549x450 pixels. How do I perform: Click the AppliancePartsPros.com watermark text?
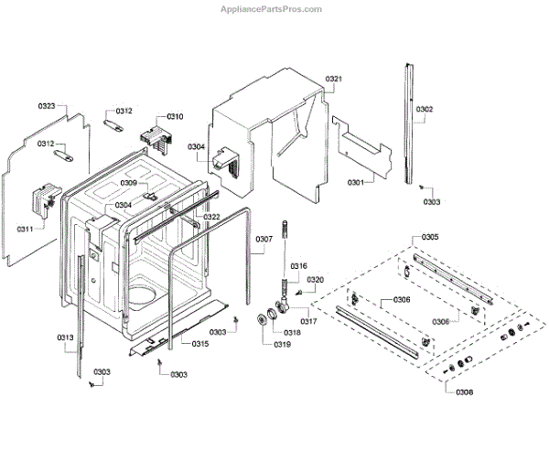[x=272, y=8]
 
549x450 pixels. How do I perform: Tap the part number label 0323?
[x=47, y=106]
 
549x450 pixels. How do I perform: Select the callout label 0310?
[x=174, y=117]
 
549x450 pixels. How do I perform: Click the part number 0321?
[x=334, y=80]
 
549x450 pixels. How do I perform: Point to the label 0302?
[x=425, y=109]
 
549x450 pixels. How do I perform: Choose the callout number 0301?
[x=356, y=183]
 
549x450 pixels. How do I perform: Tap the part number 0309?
[x=129, y=184]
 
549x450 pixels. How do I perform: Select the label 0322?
[x=211, y=217]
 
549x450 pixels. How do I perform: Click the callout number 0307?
[x=264, y=240]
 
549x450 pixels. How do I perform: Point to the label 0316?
[x=298, y=266]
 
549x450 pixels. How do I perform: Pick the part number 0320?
[x=316, y=280]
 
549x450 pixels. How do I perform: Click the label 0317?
[x=308, y=321]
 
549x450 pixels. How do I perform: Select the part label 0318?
[x=291, y=333]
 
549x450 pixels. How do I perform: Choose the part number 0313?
[x=66, y=338]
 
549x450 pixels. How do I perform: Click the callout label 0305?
[x=429, y=238]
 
